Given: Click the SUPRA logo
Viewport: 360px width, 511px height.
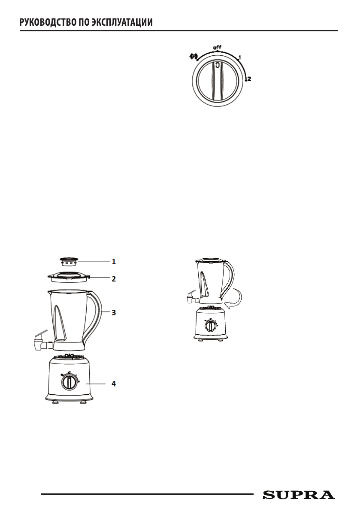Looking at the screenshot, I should (299, 495).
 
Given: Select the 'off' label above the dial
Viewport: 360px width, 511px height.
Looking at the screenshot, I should (218, 47).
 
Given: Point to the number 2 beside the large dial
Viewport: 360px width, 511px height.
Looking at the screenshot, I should (249, 79).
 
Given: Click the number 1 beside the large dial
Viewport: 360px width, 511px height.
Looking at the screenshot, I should (240, 57).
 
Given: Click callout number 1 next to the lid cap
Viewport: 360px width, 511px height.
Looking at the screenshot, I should (114, 261).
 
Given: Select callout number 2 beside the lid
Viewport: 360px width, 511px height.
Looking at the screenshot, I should (114, 278).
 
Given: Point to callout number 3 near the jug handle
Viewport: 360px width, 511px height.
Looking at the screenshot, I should (114, 312).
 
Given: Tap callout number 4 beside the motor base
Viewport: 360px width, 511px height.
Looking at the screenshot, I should (114, 383).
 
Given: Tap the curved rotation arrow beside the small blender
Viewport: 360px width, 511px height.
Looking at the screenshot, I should (236, 299).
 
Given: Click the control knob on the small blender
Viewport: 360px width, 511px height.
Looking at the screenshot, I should (210, 326).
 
